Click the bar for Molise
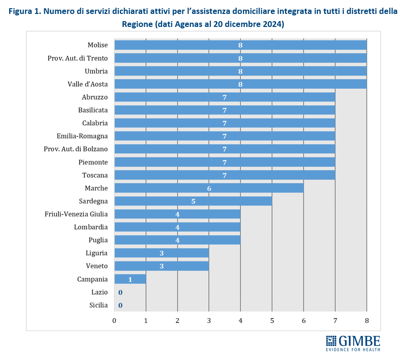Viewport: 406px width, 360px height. pos(241,45)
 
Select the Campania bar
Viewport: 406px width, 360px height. pos(130,279)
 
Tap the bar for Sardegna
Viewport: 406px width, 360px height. pos(193,201)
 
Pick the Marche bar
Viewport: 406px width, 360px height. pos(209,188)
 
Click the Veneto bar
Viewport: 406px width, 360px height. pos(162,266)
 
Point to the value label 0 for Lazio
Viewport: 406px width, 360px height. pos(120,292)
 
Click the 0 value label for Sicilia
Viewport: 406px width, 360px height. pos(120,305)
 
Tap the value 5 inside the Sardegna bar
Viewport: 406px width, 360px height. pos(193,201)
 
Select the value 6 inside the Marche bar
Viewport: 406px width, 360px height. pos(209,188)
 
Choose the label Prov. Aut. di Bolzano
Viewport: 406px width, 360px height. pos(76,149)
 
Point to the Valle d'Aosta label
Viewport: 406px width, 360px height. pos(88,84)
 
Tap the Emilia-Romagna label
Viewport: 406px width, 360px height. pos(82,136)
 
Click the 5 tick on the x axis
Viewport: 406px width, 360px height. pos(272,321)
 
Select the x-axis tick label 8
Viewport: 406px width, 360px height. pos(367,321)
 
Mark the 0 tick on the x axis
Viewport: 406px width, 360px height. pos(114,321)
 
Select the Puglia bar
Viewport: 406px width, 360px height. pos(178,240)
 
